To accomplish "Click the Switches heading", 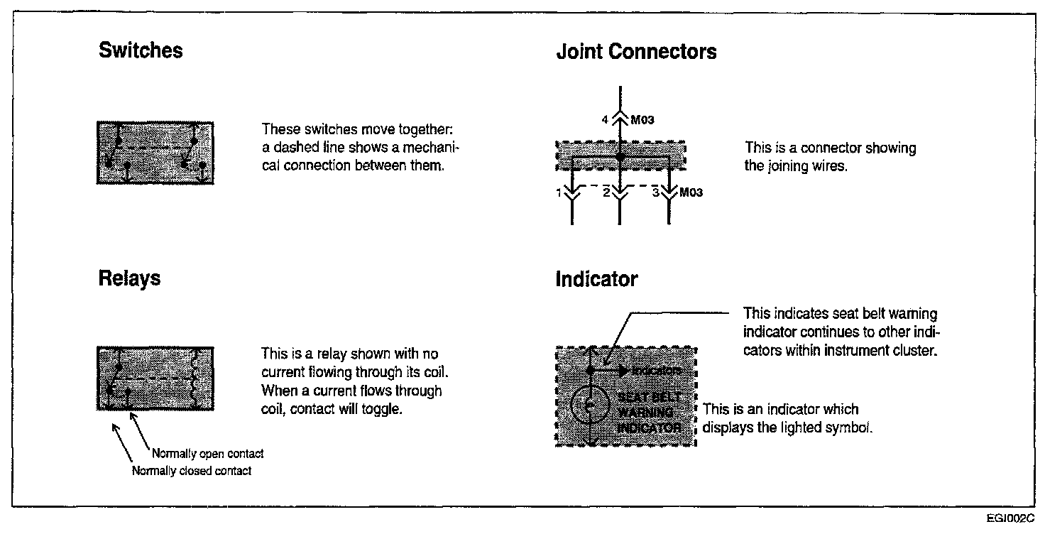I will tap(141, 51).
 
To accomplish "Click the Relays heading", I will tap(129, 278).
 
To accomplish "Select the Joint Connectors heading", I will tap(636, 52).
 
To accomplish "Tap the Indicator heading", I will tap(596, 280).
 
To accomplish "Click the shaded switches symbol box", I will tap(155, 153).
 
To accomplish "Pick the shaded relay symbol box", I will tap(155, 378).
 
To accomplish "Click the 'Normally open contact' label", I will tap(207, 454).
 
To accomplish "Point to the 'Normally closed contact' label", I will tap(192, 472).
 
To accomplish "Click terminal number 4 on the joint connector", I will tap(605, 121).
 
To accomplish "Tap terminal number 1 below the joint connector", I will tap(559, 192).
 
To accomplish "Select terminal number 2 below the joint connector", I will tap(605, 192).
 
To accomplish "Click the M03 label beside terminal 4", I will tap(642, 121).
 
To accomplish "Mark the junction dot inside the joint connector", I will tap(620, 156).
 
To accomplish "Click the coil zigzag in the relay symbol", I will tap(196, 378).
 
